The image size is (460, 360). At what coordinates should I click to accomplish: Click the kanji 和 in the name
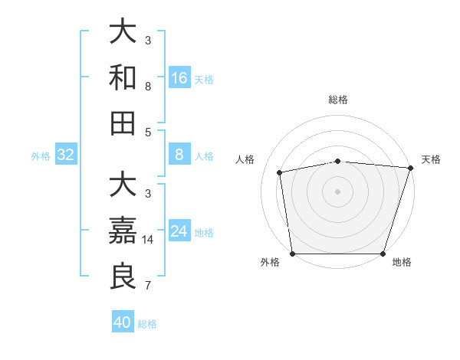click(x=123, y=77)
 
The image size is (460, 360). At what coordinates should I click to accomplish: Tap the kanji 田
click(x=123, y=123)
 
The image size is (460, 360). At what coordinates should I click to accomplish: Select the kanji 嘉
click(x=123, y=230)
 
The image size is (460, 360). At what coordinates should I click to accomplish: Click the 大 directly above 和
click(x=123, y=31)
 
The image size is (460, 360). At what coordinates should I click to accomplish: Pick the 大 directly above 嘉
click(x=123, y=185)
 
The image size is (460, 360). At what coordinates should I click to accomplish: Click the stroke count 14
click(x=149, y=240)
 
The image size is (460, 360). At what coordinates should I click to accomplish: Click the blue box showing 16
click(x=179, y=78)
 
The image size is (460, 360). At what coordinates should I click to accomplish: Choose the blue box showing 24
click(x=179, y=231)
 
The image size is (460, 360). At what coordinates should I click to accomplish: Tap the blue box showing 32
click(x=66, y=155)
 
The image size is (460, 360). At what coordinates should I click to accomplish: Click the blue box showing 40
click(x=123, y=322)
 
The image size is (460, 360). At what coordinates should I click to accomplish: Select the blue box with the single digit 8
click(x=179, y=155)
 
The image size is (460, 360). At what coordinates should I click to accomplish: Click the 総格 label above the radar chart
click(x=338, y=100)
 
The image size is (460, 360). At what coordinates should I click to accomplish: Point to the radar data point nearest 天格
click(x=410, y=168)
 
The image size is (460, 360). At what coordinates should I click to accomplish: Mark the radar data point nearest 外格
click(x=293, y=254)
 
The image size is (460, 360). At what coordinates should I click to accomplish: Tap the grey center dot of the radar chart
click(x=338, y=191)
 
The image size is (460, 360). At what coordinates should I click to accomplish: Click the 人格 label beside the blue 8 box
click(x=204, y=156)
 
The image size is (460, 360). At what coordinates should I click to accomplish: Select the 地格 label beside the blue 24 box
click(x=204, y=233)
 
